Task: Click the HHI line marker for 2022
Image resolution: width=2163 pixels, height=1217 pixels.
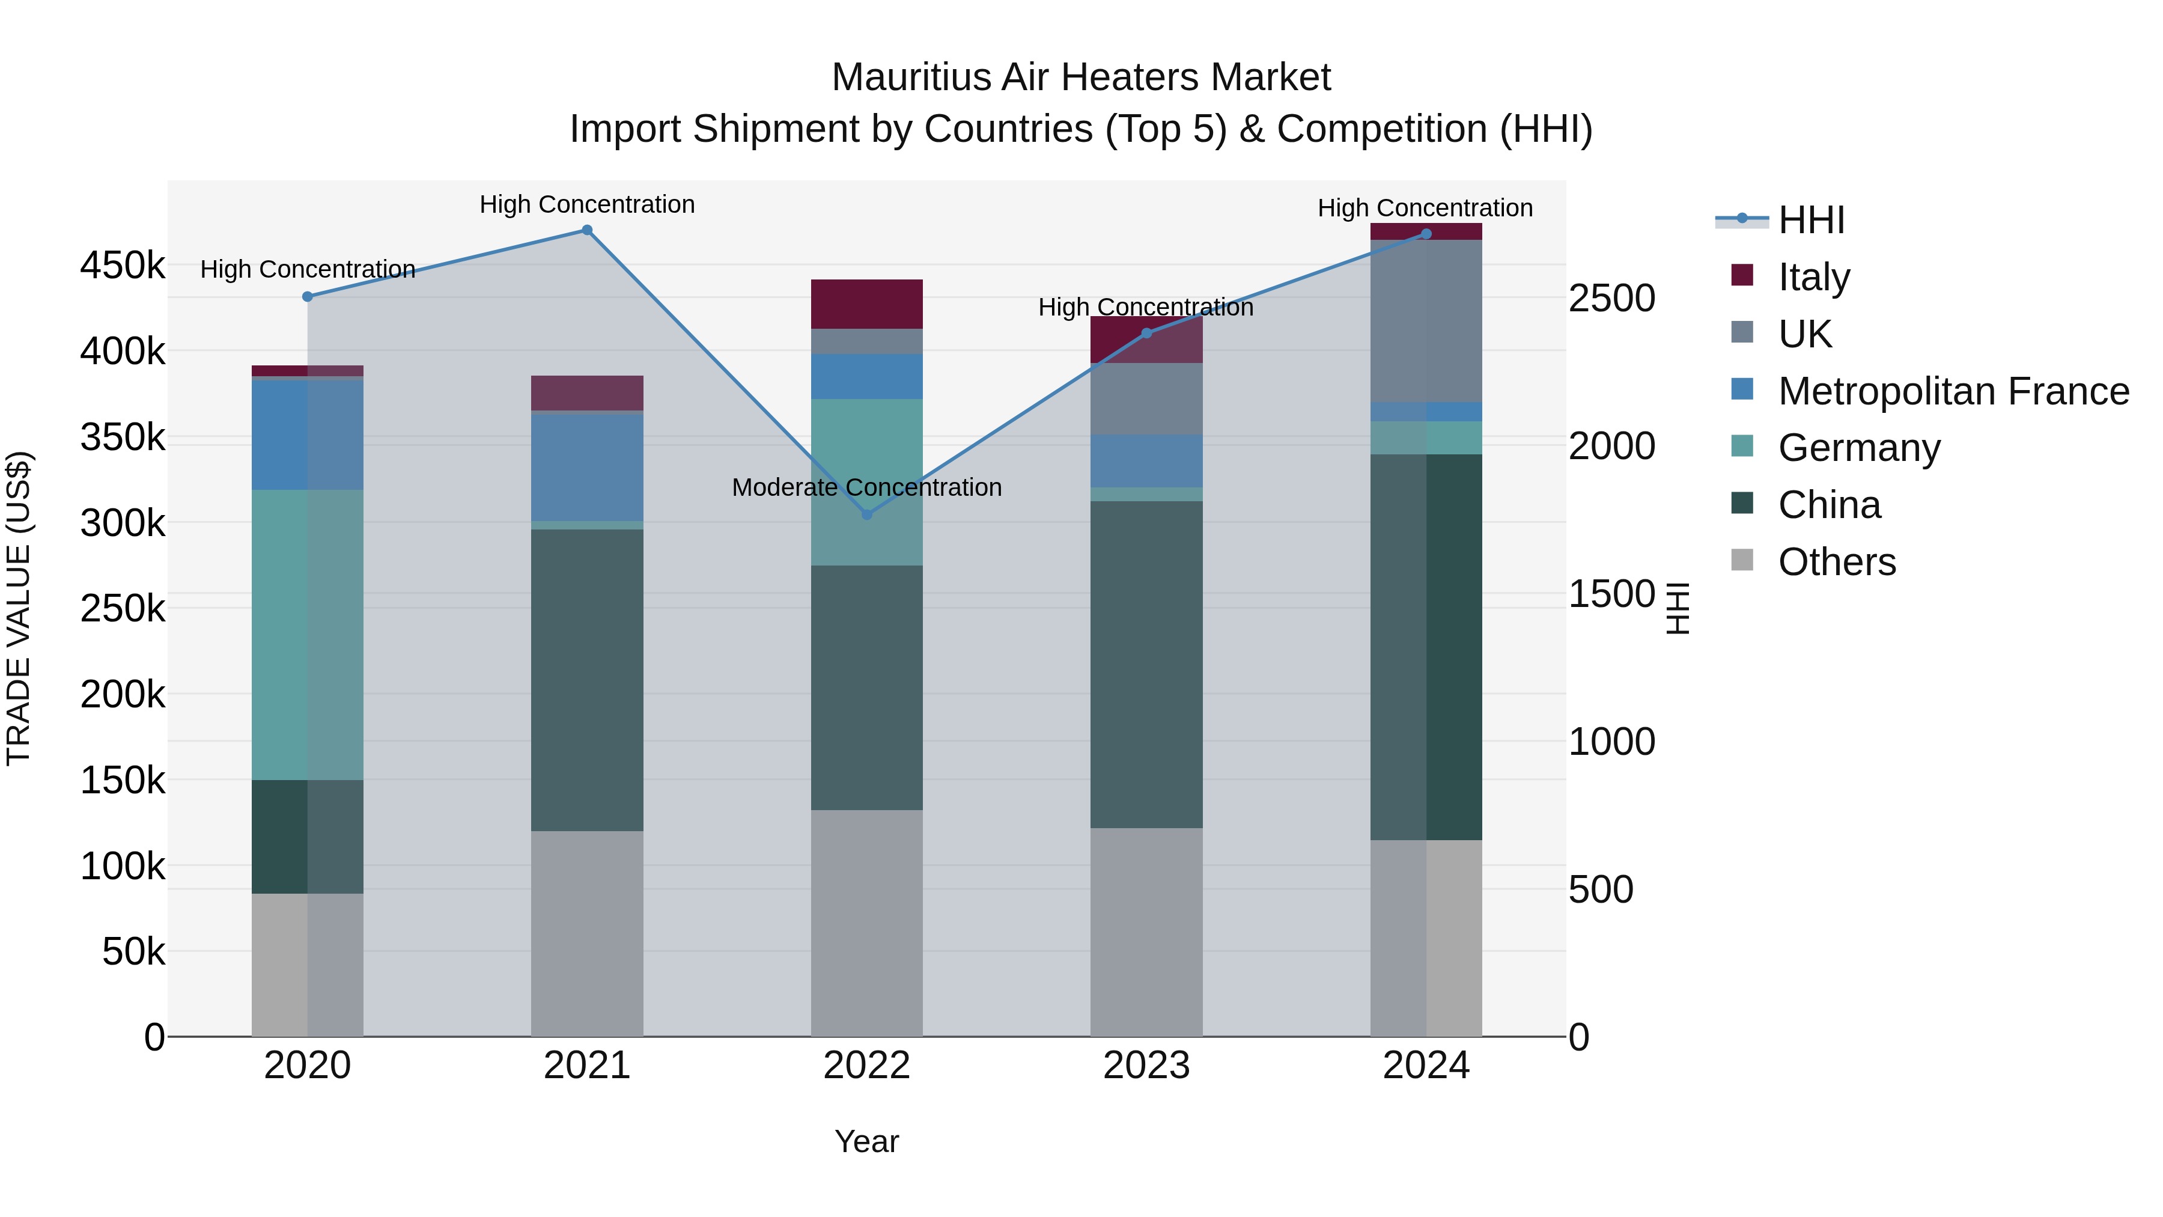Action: tap(866, 514)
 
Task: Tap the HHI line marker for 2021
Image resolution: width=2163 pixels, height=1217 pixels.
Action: tap(587, 230)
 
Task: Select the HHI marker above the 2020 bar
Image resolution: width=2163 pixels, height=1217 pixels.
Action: tap(307, 296)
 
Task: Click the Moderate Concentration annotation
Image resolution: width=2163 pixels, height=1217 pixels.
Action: tap(866, 487)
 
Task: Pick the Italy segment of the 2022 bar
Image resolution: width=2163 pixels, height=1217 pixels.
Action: tap(866, 304)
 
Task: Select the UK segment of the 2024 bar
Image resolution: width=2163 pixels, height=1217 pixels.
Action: tap(1426, 321)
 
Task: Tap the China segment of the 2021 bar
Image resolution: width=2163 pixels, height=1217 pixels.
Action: tap(587, 680)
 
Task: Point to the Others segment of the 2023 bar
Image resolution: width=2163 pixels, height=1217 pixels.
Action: tap(1146, 932)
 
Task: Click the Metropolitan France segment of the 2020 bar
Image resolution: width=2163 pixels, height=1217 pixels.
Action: tap(307, 435)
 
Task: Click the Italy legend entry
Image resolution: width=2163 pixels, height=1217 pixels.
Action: tap(1814, 277)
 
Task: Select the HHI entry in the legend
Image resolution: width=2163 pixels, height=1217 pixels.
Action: tap(1810, 220)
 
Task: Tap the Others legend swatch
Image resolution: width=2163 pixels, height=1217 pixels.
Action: tap(1742, 560)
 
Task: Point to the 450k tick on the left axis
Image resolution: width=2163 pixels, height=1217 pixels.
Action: tap(123, 266)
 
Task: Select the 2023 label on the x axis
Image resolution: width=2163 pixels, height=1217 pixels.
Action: tap(1146, 1066)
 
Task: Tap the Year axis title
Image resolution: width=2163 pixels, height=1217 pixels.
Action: tap(866, 1141)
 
